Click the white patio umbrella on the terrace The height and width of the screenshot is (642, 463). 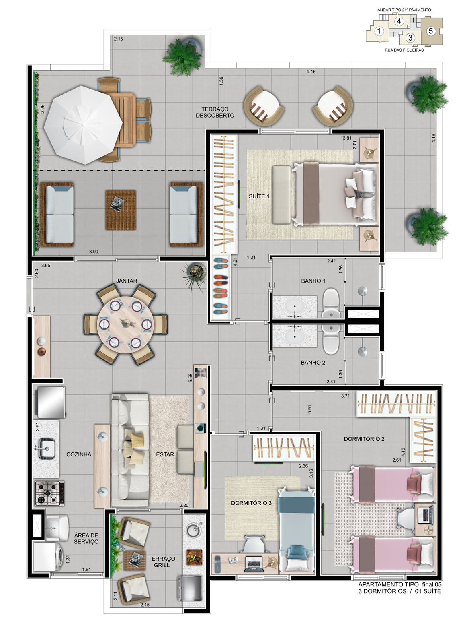click(83, 125)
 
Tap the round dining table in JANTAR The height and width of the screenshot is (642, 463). click(125, 325)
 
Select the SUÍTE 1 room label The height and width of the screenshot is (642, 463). click(259, 196)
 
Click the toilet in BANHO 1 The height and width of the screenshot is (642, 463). click(331, 303)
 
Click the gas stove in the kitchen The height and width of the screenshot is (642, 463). click(49, 493)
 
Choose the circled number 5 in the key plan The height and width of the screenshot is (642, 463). click(431, 31)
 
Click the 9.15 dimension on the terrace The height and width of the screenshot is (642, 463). click(311, 72)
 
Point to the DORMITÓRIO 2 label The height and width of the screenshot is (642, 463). click(364, 438)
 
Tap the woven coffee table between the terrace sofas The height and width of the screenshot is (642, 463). click(121, 210)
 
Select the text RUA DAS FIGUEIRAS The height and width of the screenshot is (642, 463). click(404, 50)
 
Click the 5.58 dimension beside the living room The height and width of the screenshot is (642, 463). click(190, 378)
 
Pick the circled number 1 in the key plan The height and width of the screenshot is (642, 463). click(379, 31)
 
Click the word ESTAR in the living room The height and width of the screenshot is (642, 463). click(165, 454)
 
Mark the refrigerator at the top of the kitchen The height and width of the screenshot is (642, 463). click(50, 402)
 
